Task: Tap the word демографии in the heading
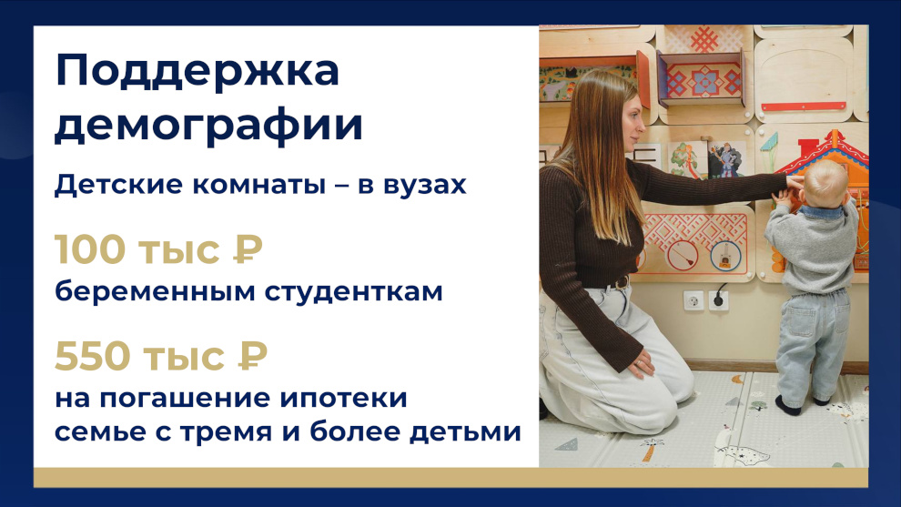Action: (208, 126)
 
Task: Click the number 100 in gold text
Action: (89, 248)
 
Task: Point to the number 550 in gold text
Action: (92, 356)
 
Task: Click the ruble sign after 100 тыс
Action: (248, 248)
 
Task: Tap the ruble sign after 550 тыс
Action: (252, 356)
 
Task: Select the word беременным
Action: (155, 291)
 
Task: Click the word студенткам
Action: (353, 291)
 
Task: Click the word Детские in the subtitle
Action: (119, 185)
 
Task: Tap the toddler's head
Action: (825, 183)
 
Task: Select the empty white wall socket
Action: (693, 300)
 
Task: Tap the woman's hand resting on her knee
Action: (642, 365)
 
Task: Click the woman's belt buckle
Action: (622, 282)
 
